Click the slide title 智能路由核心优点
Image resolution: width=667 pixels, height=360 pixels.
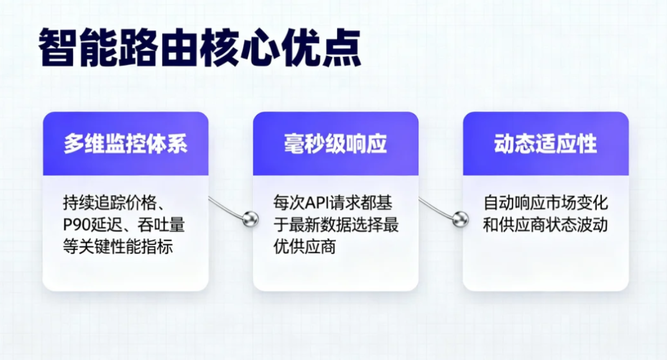(199, 49)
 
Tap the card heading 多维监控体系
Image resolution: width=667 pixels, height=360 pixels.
(125, 144)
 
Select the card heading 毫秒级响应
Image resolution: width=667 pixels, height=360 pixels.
(335, 144)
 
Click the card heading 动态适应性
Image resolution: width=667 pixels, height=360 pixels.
(545, 144)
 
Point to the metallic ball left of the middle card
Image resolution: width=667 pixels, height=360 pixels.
(250, 218)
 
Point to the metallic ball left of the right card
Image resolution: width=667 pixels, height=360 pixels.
(460, 218)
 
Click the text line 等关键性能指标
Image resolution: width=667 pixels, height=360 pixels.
(117, 247)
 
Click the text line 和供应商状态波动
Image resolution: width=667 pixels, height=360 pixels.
(546, 225)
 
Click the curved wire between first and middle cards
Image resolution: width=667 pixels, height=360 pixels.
(225, 207)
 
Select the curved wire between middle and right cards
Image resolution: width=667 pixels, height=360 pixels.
(435, 207)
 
